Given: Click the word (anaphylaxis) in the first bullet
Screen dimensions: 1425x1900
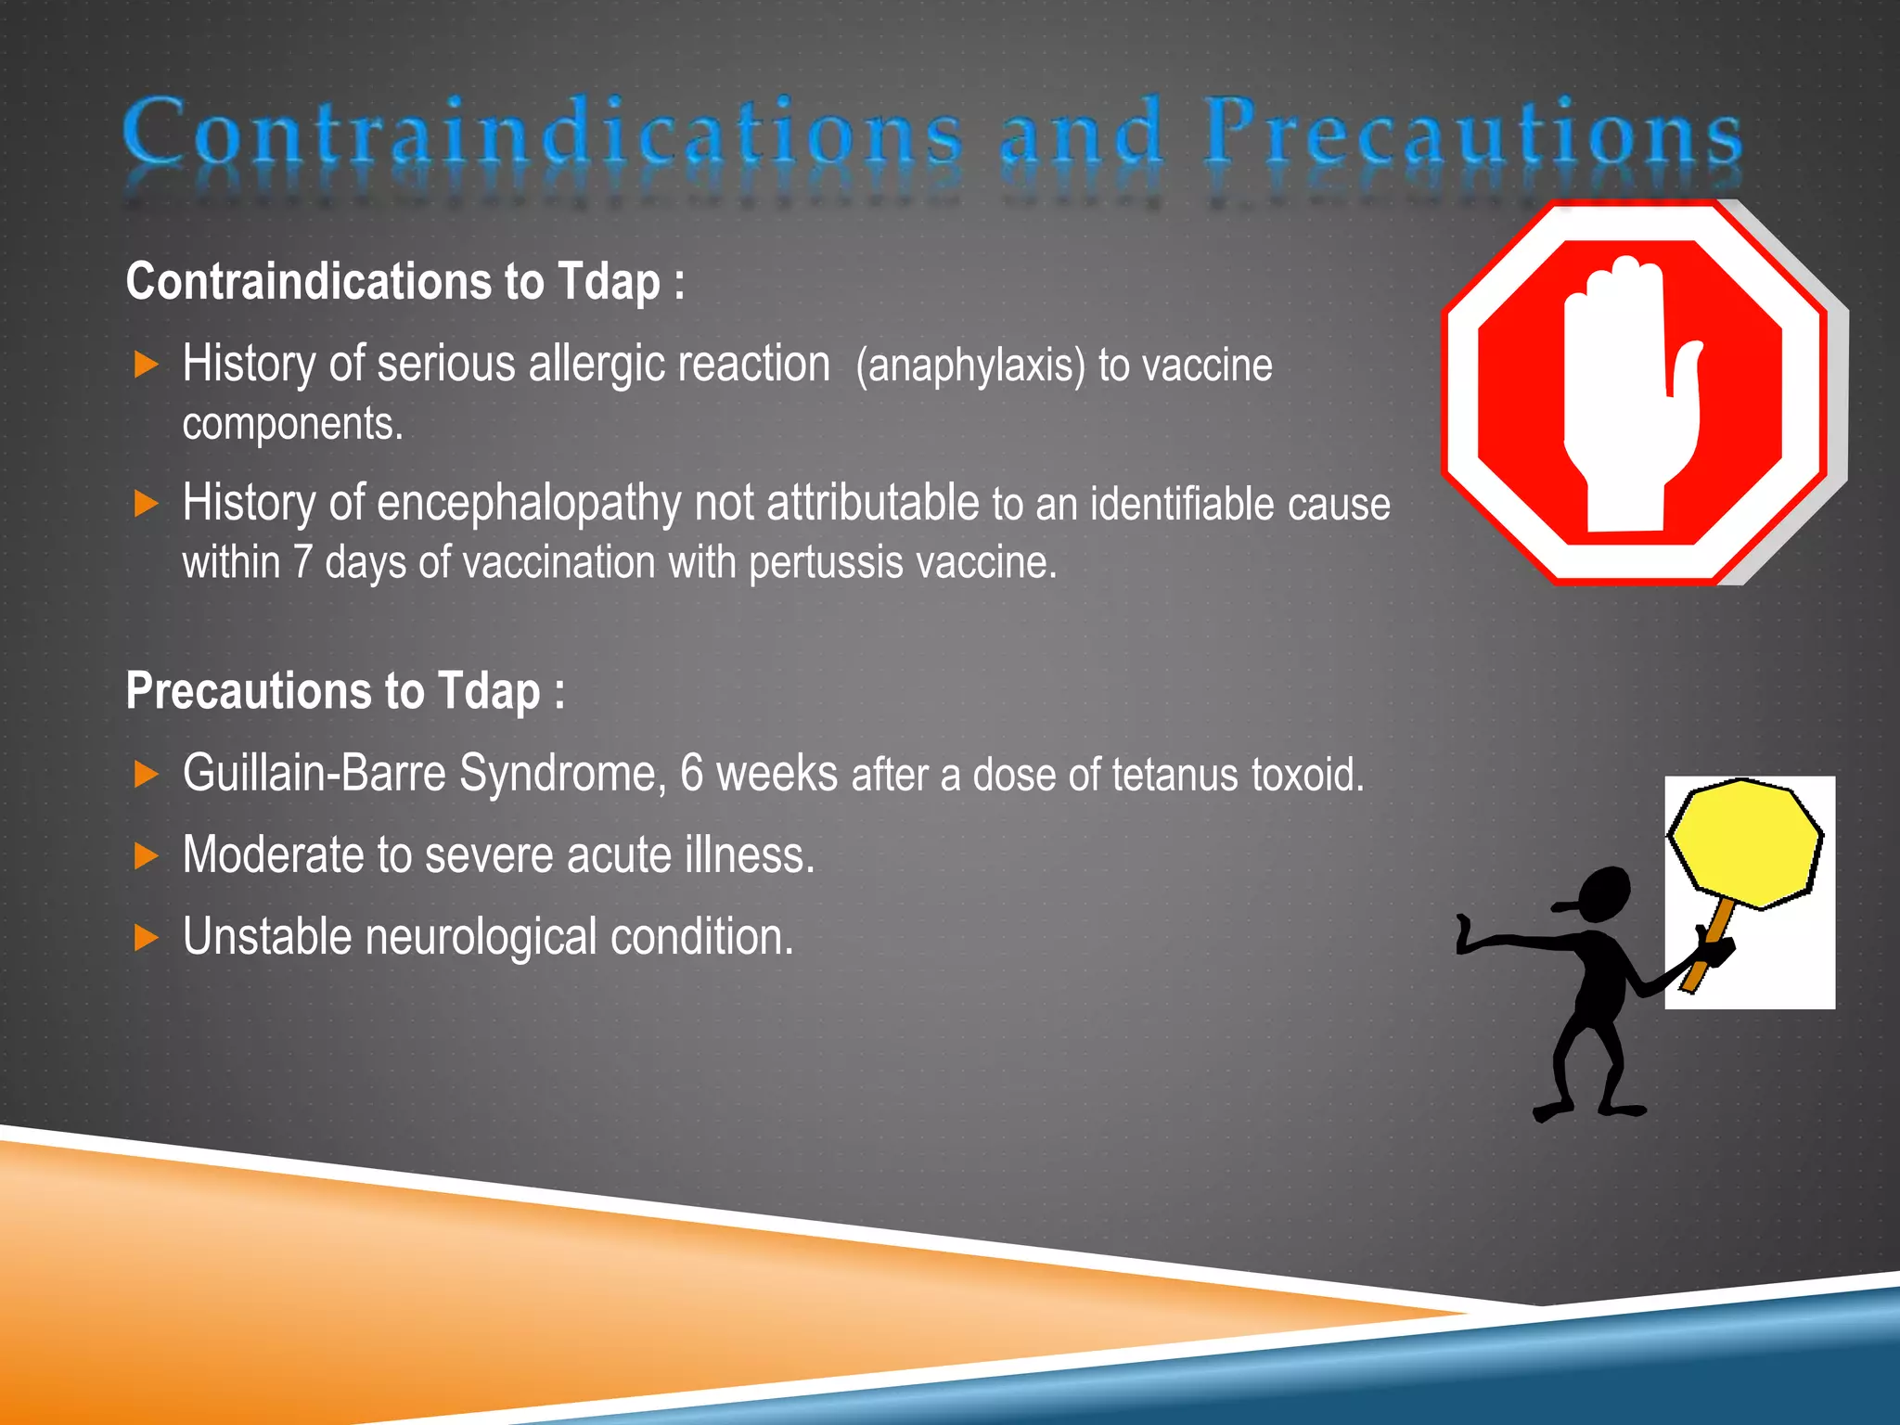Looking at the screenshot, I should (x=970, y=366).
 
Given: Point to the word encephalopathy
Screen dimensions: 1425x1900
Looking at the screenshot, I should (x=529, y=504).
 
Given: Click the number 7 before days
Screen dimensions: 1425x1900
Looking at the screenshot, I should (x=302, y=563).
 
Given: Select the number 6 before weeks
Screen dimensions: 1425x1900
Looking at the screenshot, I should (x=691, y=774).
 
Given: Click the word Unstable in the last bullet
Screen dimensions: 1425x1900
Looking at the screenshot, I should (x=266, y=937).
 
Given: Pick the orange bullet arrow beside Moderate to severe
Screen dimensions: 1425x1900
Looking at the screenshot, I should (x=147, y=855).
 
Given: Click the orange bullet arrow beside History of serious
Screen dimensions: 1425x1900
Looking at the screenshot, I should (x=147, y=365).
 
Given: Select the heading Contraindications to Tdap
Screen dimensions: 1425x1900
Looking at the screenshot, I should (x=404, y=282).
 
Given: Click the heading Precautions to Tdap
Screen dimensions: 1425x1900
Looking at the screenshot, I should (x=345, y=692).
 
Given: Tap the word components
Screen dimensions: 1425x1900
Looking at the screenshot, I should (x=292, y=425).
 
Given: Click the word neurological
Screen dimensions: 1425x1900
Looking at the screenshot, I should (x=481, y=937).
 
